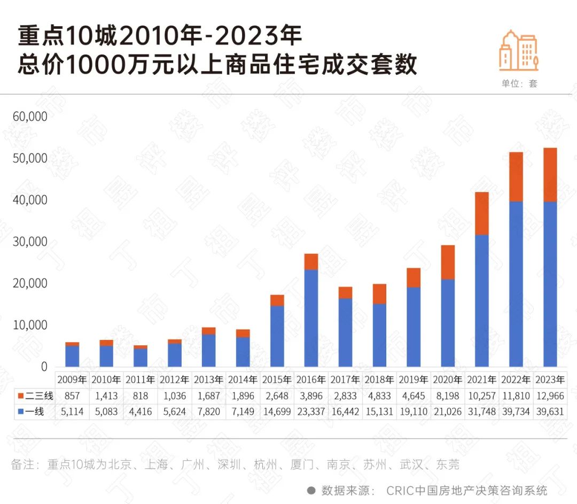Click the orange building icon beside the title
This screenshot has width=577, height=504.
coord(518,51)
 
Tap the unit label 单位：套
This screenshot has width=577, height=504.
coord(519,83)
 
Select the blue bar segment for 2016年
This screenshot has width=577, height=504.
coord(311,318)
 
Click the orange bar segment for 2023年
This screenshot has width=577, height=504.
coord(550,175)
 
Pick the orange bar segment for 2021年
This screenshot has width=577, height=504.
coord(481,213)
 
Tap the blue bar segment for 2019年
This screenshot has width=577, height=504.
coord(414,327)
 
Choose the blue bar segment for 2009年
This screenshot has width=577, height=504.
coord(72,356)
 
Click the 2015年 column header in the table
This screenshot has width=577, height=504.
coord(277,380)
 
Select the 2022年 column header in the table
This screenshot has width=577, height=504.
coord(516,380)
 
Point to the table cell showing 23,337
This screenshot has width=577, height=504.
coord(311,412)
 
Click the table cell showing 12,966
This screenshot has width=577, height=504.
coord(550,396)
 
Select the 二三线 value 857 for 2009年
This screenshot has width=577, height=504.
coord(72,396)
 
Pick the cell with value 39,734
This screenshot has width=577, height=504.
coord(516,412)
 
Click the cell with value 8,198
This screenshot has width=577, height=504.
coord(447,396)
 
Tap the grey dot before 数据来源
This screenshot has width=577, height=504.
coord(311,491)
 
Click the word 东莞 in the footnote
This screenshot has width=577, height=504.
coord(447,464)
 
